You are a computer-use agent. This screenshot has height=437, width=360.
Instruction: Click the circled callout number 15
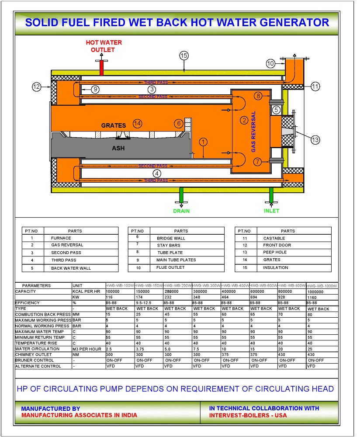183,55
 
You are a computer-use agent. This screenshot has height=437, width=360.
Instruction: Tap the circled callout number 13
315,140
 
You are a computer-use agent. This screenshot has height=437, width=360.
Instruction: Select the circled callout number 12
36,87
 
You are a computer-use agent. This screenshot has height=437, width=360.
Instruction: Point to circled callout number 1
203,142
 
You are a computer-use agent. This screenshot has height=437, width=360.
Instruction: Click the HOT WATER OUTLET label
103,46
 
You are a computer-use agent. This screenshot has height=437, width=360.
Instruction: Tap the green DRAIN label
181,211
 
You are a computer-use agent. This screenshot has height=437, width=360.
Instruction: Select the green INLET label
271,211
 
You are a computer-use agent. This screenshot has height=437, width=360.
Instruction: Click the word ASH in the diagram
118,149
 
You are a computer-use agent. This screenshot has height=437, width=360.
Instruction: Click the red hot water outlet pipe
101,66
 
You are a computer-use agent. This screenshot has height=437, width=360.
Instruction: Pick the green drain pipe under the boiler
181,194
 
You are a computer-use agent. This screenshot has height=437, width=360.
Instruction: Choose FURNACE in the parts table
61,238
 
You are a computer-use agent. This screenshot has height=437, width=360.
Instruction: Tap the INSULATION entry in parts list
276,267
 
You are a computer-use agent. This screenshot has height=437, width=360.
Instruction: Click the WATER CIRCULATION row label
37,349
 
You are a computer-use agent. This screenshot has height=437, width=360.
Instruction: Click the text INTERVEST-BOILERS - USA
248,415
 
